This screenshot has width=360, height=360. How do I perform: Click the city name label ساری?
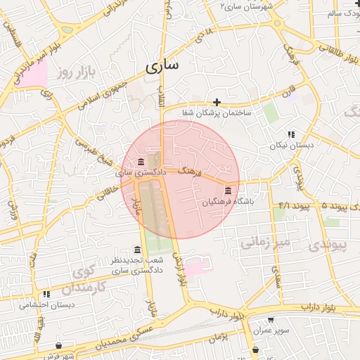(162, 66)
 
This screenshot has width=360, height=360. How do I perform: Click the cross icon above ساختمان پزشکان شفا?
(217, 102)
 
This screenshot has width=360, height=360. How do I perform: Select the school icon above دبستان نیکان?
(290, 134)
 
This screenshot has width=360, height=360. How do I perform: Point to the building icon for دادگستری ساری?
(142, 162)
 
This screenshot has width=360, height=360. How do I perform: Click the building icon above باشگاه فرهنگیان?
(228, 191)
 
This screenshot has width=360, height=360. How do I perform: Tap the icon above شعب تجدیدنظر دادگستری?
(137, 250)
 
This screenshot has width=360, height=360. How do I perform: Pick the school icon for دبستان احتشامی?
(46, 294)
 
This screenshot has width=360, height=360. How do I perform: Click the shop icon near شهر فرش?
(58, 346)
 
